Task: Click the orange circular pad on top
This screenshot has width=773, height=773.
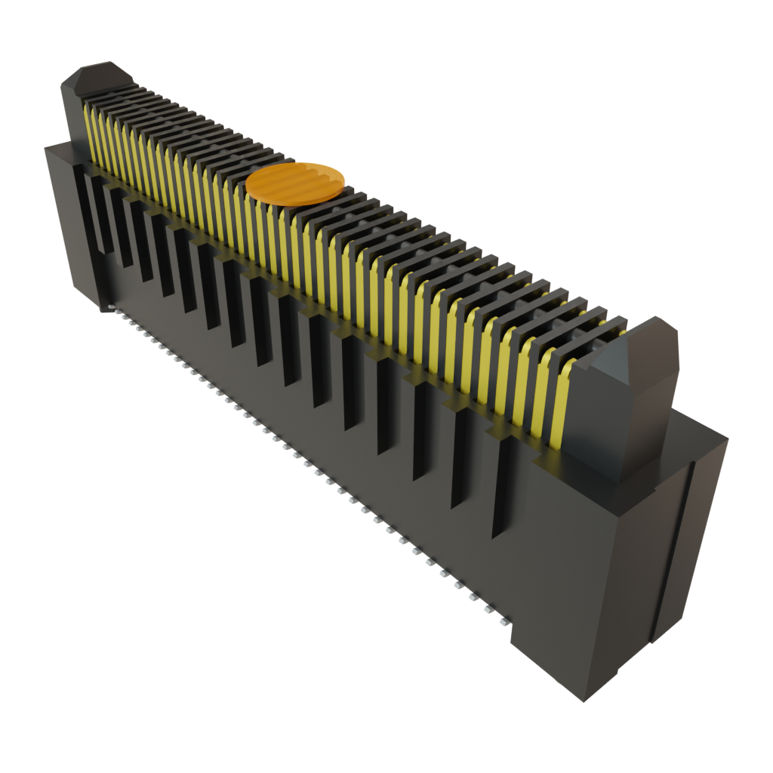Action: pos(296,183)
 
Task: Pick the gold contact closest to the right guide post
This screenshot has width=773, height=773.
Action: pos(563,408)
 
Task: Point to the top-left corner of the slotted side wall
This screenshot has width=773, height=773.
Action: pos(47,148)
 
